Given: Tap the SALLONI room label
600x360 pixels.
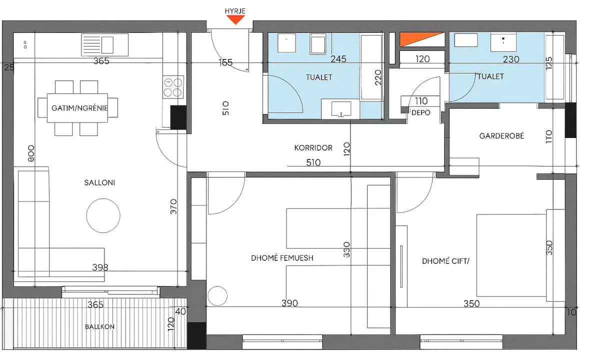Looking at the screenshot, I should click(x=99, y=182).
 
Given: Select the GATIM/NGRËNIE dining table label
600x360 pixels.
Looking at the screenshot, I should click(x=79, y=107).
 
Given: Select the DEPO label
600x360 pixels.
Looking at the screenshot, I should click(x=421, y=112).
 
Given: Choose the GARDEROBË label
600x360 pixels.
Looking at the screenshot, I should click(x=501, y=135).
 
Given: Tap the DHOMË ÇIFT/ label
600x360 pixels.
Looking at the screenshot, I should click(x=446, y=260).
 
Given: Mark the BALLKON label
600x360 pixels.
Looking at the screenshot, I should click(x=99, y=326).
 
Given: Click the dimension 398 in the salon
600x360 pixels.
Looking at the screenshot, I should click(x=100, y=267).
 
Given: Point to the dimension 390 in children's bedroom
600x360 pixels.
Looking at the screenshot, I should click(x=289, y=303).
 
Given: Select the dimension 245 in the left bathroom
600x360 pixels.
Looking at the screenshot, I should click(x=338, y=59).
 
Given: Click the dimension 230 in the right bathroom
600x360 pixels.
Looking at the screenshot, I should click(x=511, y=59).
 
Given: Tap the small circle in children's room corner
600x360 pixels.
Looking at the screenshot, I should click(x=217, y=296).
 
